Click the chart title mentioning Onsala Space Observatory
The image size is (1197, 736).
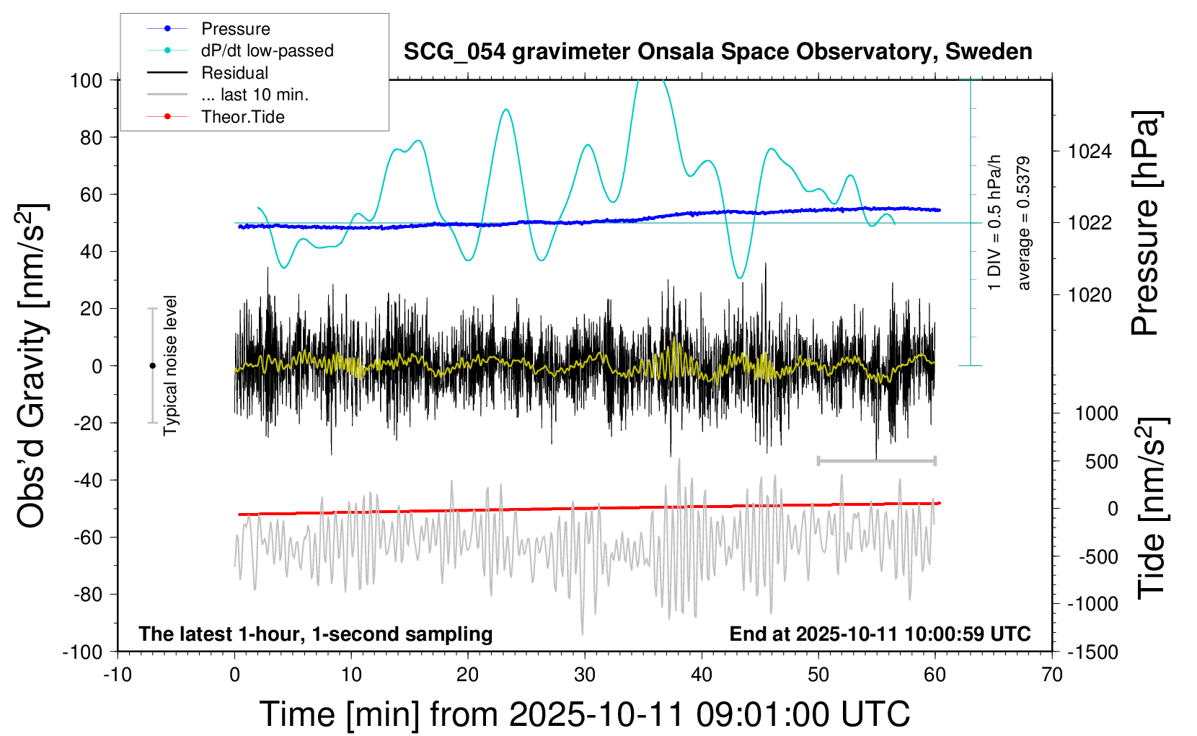tap(717, 52)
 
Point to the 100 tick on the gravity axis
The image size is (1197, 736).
tap(86, 80)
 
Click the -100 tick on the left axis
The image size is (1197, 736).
tap(82, 652)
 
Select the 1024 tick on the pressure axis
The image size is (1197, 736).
tap(1090, 152)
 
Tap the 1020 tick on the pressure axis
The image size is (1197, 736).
tap(1090, 294)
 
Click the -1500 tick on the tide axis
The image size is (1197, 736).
tap(1092, 652)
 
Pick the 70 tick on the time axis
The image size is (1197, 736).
tap(1052, 675)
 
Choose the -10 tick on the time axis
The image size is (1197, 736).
tap(118, 675)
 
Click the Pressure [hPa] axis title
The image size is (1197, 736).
tap(1146, 223)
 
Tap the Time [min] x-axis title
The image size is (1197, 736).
tap(585, 714)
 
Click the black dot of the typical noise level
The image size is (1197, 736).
tap(152, 366)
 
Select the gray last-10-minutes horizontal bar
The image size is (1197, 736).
tap(876, 460)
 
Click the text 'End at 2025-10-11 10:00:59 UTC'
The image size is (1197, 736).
tap(880, 634)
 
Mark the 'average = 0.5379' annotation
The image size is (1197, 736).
tap(1024, 223)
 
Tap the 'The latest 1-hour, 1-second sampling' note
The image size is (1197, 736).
tap(316, 634)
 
